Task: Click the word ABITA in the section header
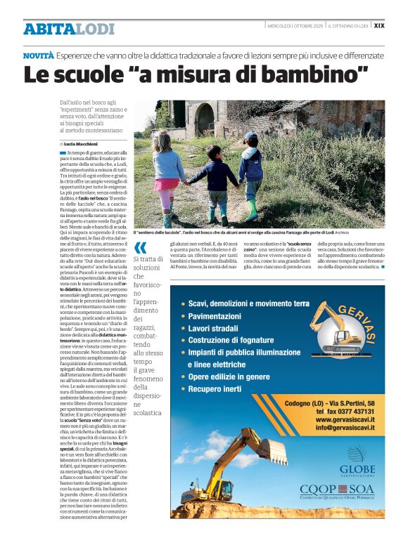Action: click(x=48, y=29)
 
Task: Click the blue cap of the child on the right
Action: click(x=251, y=136)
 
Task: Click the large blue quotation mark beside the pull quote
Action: click(x=141, y=247)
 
